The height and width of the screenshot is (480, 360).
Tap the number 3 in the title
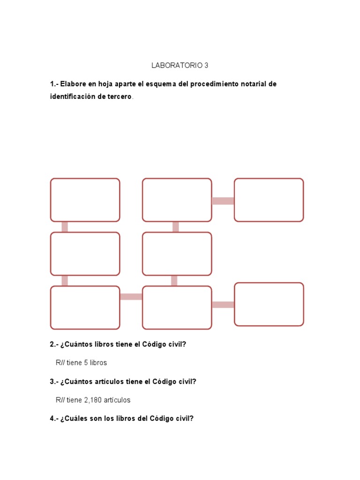point(206,66)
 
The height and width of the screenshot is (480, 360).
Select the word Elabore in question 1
point(73,84)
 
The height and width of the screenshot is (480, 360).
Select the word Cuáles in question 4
point(76,419)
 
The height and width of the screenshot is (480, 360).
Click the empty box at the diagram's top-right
point(269,200)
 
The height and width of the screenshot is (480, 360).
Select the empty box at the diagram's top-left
point(85,200)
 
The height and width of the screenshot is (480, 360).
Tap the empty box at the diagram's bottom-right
point(269,304)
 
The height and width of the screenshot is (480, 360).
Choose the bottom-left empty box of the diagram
point(85,307)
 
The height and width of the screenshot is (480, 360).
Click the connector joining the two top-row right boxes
point(223,201)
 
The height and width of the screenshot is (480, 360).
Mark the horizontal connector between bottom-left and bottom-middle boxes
point(131,297)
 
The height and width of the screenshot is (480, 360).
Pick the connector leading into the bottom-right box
point(223,305)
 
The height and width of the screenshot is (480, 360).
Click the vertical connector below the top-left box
point(65,227)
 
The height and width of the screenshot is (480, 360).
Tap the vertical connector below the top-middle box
point(176,227)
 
